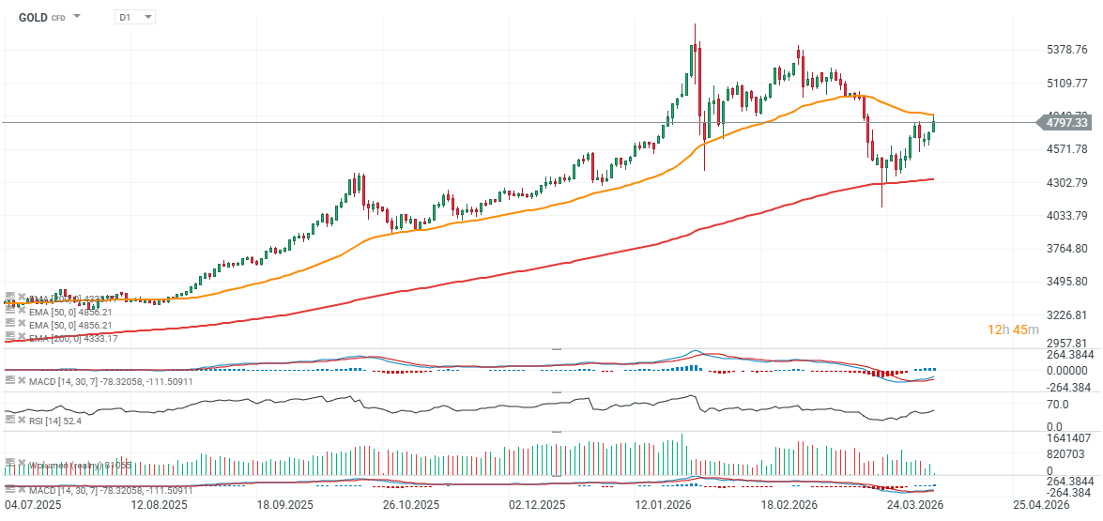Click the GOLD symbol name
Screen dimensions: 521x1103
pos(34,17)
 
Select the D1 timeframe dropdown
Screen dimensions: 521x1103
pos(134,17)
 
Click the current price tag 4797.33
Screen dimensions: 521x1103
pos(1067,122)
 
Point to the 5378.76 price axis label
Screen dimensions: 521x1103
pos(1067,50)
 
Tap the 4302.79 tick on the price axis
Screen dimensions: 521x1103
pos(1067,182)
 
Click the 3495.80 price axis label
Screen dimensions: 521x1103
pos(1067,282)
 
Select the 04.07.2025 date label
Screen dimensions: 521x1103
pos(29,504)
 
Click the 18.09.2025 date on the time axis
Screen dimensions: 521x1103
pos(284,504)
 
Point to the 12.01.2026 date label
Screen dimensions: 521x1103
pos(662,504)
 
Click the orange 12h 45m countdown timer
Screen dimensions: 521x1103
pos(1013,329)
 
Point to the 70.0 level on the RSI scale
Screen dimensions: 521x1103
pos(1057,405)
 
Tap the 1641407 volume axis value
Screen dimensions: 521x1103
pos(1069,438)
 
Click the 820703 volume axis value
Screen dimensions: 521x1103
pos(1066,453)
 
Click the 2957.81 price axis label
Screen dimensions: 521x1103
pos(1067,344)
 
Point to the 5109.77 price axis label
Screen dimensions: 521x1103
pos(1067,83)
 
